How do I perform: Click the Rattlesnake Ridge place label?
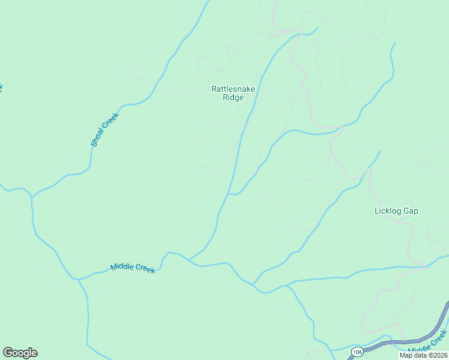pyautogui.click(x=233, y=93)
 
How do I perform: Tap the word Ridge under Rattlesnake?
pyautogui.click(x=233, y=98)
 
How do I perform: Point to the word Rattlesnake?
pyautogui.click(x=233, y=89)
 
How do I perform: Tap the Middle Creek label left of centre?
pyautogui.click(x=133, y=268)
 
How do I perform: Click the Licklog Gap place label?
pyautogui.click(x=396, y=211)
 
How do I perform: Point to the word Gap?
pyautogui.click(x=411, y=211)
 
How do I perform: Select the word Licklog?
pyautogui.click(x=388, y=211)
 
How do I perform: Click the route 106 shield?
pyautogui.click(x=357, y=352)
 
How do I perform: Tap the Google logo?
pyautogui.click(x=20, y=353)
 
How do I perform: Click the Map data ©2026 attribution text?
pyautogui.click(x=423, y=355)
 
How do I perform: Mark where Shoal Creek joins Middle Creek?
pyautogui.click(x=78, y=279)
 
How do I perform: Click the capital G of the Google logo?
pyautogui.click(x=8, y=353)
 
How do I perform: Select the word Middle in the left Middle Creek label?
pyautogui.click(x=122, y=266)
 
